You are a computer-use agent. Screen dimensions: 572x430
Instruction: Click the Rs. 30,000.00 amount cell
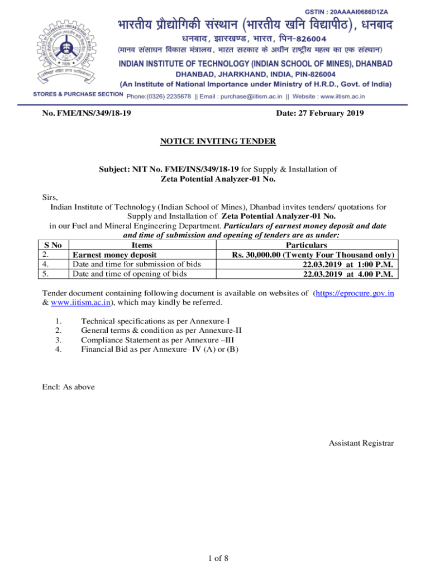(314, 255)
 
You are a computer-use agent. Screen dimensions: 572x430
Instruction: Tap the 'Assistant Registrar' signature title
(361, 443)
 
